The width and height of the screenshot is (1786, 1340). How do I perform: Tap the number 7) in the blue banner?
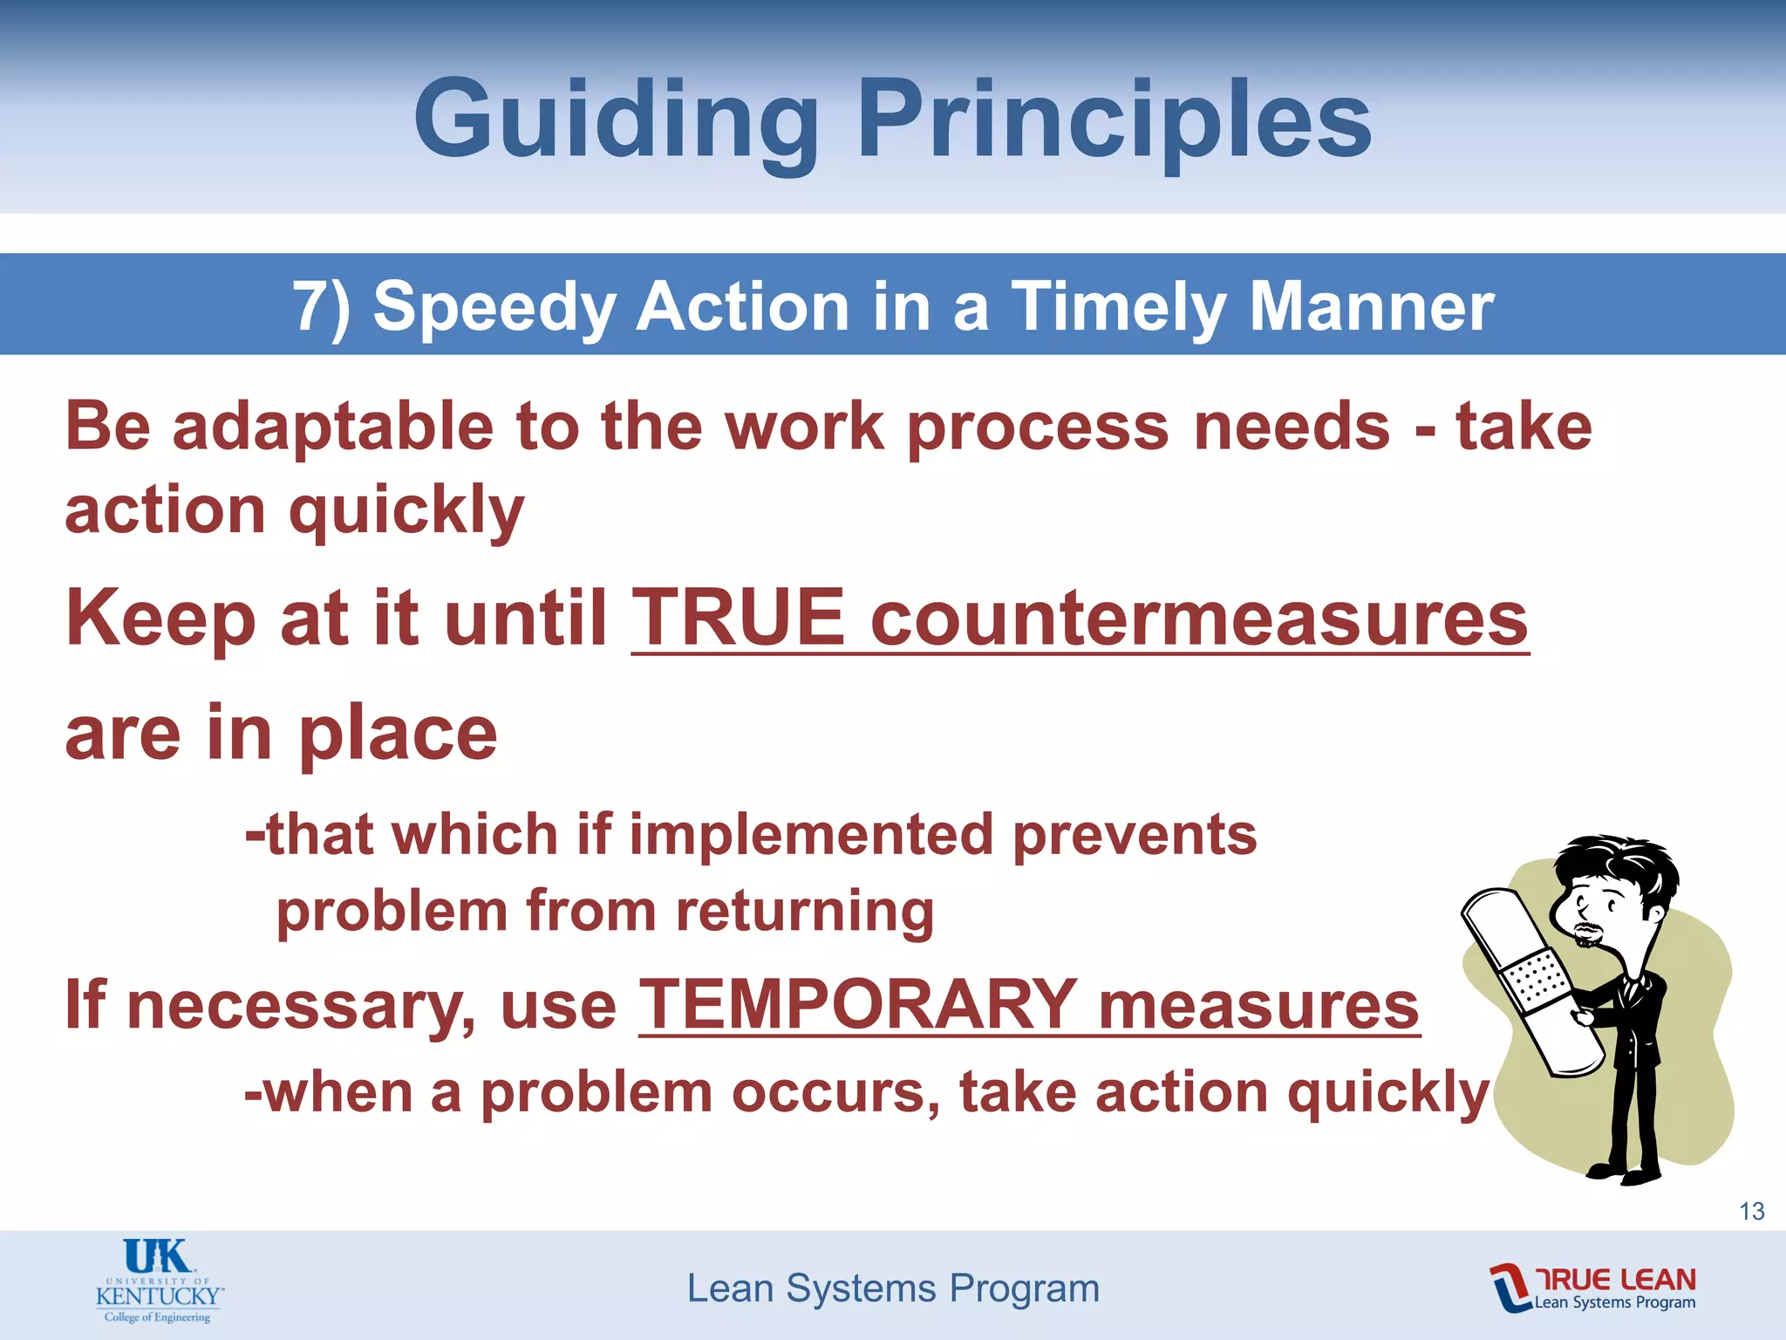[x=322, y=306]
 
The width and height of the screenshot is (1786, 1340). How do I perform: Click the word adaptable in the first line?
[x=333, y=427]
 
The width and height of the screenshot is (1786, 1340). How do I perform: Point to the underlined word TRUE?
[x=738, y=618]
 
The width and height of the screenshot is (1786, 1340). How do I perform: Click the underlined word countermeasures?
[x=1199, y=618]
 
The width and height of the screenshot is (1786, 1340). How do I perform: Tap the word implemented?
[x=811, y=835]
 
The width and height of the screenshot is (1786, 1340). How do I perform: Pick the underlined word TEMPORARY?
[x=858, y=1005]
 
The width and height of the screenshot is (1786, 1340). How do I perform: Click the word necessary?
[x=302, y=1005]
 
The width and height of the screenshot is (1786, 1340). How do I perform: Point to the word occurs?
[x=835, y=1092]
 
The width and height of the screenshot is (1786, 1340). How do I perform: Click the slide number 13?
[x=1751, y=1211]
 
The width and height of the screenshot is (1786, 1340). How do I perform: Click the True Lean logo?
[x=1592, y=1288]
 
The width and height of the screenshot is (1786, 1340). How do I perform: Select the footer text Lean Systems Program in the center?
[x=893, y=1289]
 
